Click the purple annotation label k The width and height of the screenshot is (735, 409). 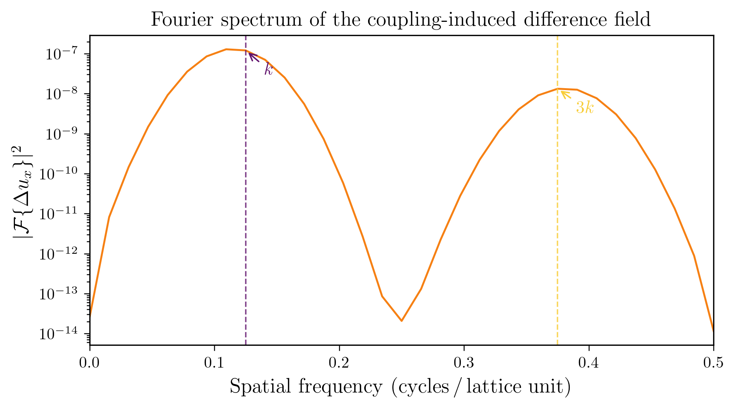268,69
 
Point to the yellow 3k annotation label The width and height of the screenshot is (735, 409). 585,108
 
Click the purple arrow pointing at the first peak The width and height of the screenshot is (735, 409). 254,57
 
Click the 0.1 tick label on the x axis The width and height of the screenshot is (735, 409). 214,363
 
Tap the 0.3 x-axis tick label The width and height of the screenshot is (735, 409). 464,363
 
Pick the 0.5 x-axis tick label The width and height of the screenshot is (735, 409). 713,363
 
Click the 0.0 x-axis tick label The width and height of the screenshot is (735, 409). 90,363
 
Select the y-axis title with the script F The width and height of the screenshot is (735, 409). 24,191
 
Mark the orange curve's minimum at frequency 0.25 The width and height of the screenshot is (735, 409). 401,321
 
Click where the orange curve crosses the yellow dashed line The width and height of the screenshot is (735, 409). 557,89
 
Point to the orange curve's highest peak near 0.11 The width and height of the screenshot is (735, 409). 226,49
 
